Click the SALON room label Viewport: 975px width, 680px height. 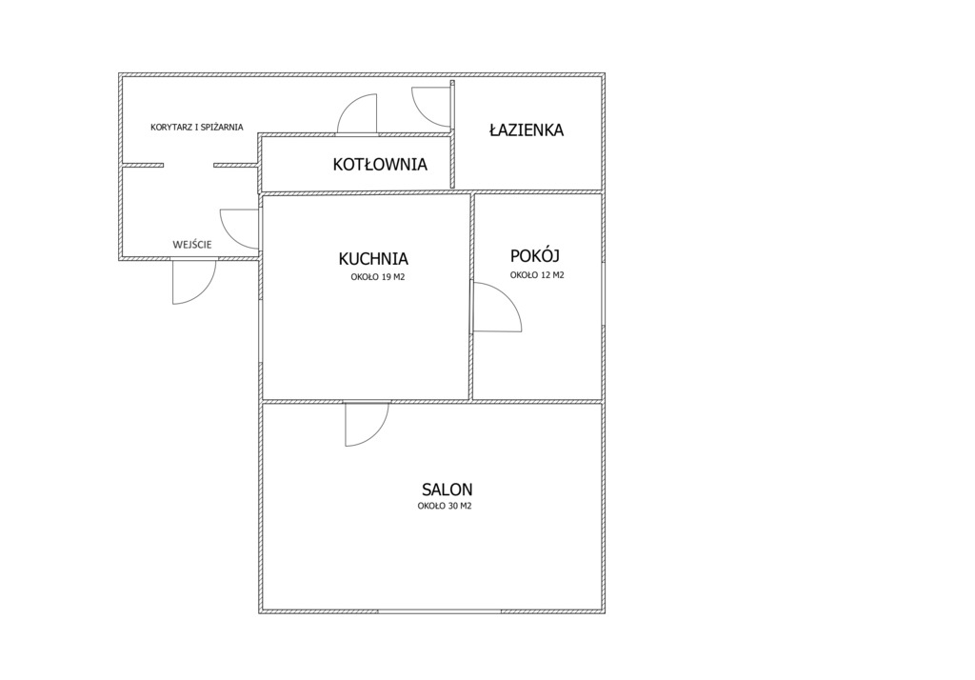pyautogui.click(x=448, y=489)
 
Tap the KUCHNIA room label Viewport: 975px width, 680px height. pyautogui.click(x=373, y=258)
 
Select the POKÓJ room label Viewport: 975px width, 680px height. pyautogui.click(x=535, y=255)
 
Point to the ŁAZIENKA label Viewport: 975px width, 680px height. pyautogui.click(x=526, y=130)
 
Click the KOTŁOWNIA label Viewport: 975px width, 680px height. pyautogui.click(x=380, y=164)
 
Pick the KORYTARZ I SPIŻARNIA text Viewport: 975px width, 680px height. pyautogui.click(x=196, y=127)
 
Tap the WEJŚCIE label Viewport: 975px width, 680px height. pyautogui.click(x=192, y=245)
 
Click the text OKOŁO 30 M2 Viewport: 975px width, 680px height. pyautogui.click(x=445, y=506)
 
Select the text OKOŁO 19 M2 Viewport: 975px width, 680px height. pyautogui.click(x=377, y=277)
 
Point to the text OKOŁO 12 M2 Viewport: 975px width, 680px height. pyautogui.click(x=537, y=275)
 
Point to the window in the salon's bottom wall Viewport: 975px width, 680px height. pyautogui.click(x=439, y=611)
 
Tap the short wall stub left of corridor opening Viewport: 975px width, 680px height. pyautogui.click(x=143, y=166)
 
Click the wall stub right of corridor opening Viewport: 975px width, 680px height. pyautogui.click(x=236, y=166)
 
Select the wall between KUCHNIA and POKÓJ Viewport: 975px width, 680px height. pyautogui.click(x=470, y=297)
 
